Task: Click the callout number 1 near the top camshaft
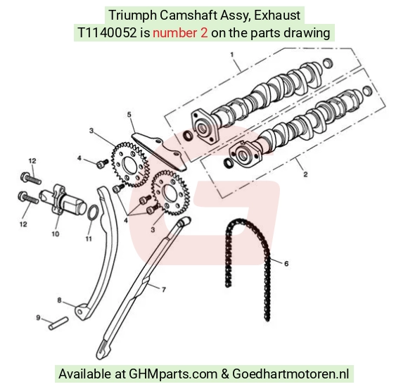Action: tap(232, 55)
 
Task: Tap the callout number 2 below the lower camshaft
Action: tap(305, 174)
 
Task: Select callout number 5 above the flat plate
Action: tap(129, 115)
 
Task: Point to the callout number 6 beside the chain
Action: tap(286, 264)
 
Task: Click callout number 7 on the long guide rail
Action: tap(164, 289)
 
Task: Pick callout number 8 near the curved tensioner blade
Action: tap(59, 300)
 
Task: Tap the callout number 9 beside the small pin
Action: tap(38, 318)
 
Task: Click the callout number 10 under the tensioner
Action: tap(56, 234)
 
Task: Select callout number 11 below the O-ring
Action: tap(89, 238)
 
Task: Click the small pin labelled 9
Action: tap(58, 324)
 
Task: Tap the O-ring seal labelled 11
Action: tap(94, 212)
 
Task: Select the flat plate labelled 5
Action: tap(158, 152)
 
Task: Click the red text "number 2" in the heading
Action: tap(180, 33)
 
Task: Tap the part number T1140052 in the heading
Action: tap(107, 33)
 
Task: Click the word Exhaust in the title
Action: tap(277, 15)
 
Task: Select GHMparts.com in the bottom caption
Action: tap(173, 374)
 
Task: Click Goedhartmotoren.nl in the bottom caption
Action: tap(291, 374)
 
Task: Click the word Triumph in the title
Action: tap(132, 15)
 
